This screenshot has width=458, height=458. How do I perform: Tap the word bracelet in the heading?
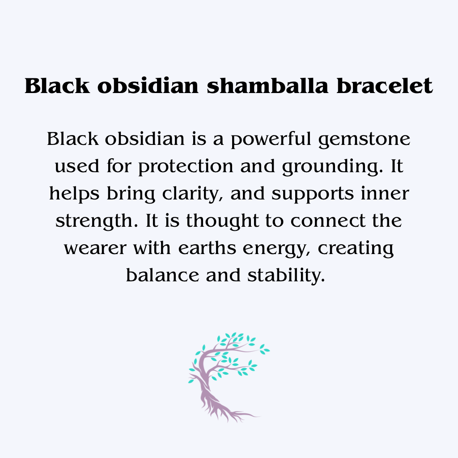click(385, 86)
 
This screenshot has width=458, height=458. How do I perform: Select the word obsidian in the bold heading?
click(148, 86)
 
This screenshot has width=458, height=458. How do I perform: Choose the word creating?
click(356, 249)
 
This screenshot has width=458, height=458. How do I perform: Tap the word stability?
click(285, 275)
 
